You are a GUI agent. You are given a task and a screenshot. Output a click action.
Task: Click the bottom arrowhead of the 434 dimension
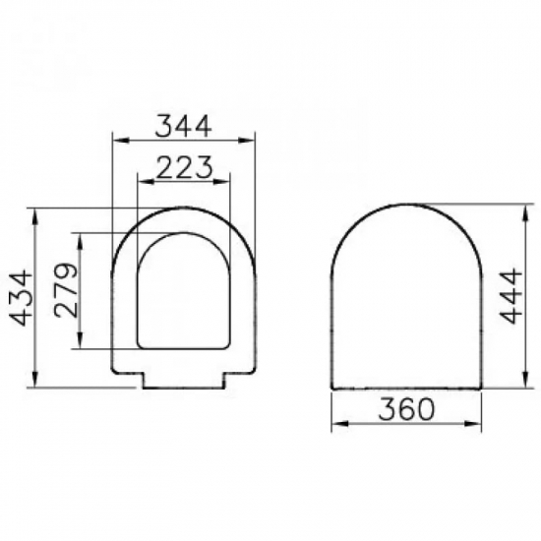[x=35, y=383]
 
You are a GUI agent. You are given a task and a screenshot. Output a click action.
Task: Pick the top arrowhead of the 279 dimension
[x=78, y=237]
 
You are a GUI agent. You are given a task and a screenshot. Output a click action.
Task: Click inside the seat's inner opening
[x=186, y=295]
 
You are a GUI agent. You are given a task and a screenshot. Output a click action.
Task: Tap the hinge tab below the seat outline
[x=186, y=380]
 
